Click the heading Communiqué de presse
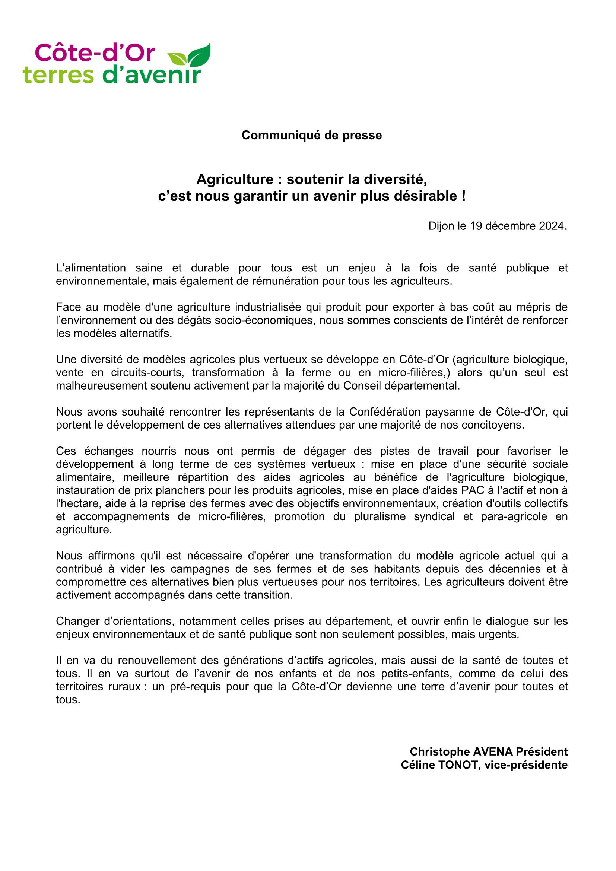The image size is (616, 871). [x=311, y=136]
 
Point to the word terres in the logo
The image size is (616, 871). [x=58, y=75]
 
